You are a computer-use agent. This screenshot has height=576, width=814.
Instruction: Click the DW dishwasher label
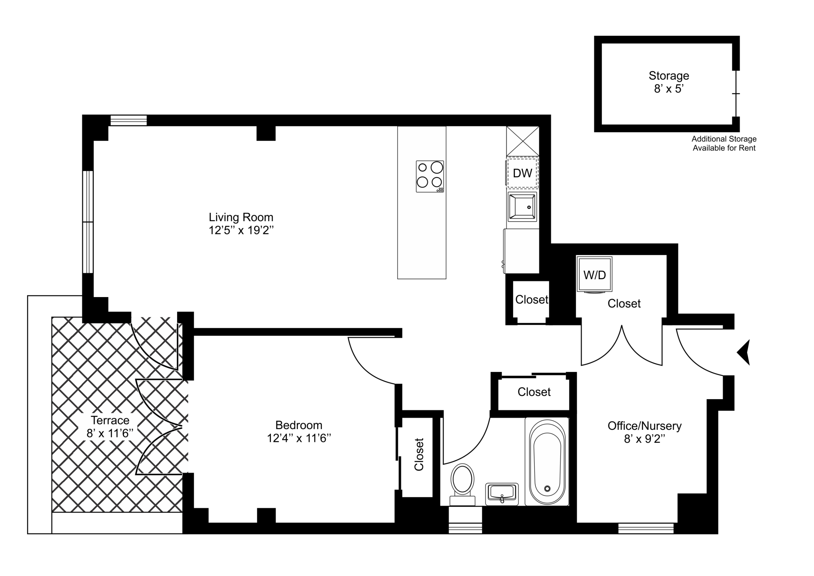(x=522, y=173)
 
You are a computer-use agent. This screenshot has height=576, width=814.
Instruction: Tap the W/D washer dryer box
(x=594, y=274)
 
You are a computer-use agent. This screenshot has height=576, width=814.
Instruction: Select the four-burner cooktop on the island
(x=430, y=176)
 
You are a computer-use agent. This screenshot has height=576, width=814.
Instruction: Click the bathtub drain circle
(x=547, y=489)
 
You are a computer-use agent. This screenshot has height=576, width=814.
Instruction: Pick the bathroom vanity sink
(x=502, y=493)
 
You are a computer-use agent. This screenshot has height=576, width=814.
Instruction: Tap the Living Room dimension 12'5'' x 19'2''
(x=241, y=231)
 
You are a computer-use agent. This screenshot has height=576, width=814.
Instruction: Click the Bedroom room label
(x=299, y=425)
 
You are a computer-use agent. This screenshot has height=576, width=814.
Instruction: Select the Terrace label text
(x=110, y=420)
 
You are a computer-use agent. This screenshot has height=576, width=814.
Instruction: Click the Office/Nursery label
(x=644, y=426)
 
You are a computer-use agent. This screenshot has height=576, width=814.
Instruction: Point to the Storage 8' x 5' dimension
(x=669, y=89)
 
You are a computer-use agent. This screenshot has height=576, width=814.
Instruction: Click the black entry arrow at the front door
(x=744, y=352)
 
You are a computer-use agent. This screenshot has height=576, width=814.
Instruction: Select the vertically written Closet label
(x=419, y=455)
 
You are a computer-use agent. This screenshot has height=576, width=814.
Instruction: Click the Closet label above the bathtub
(x=534, y=392)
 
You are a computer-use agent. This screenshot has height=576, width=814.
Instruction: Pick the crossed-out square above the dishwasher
(x=523, y=141)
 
